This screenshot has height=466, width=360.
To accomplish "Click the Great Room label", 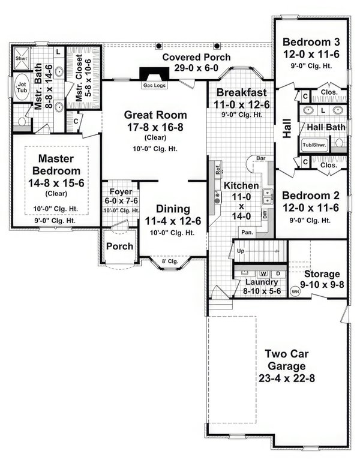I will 155,114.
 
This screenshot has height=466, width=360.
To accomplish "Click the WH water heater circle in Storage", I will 295,291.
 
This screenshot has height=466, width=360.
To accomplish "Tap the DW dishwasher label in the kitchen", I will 265,212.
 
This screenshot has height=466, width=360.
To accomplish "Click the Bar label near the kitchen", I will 260,160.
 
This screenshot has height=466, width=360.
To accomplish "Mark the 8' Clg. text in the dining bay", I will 171,261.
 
